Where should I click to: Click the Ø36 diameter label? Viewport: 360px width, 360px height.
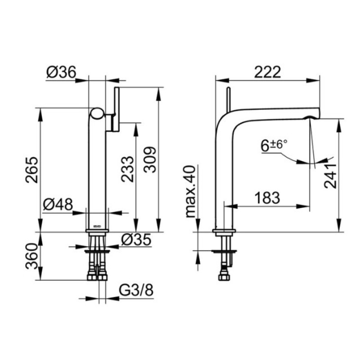[61, 72]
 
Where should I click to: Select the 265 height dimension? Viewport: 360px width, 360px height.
[32, 170]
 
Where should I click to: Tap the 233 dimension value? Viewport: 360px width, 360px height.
[127, 169]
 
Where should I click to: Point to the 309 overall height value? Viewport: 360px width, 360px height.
[150, 160]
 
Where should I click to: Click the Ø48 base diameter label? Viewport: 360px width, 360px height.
[58, 204]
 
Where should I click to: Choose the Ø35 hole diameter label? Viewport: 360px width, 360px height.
[136, 240]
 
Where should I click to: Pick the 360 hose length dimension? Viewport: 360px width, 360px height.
[31, 256]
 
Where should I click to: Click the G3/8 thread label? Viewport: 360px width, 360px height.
[136, 290]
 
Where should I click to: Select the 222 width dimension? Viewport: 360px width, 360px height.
[268, 72]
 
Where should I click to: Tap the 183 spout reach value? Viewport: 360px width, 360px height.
[267, 198]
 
